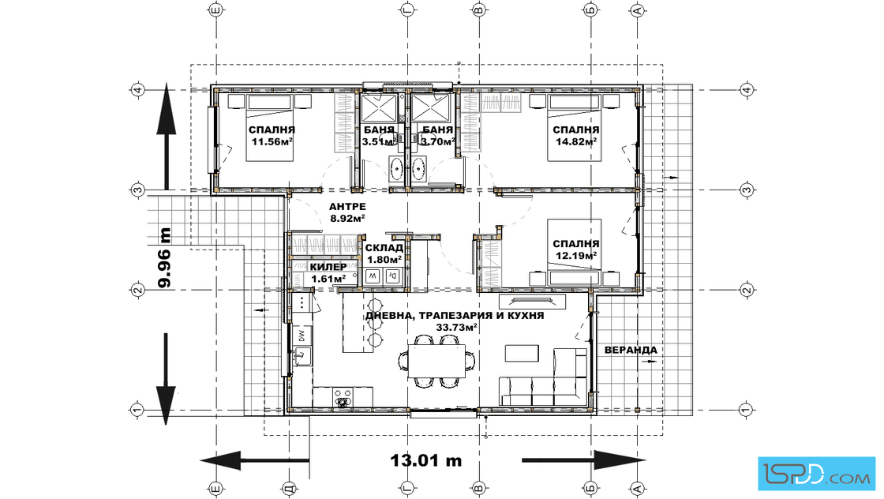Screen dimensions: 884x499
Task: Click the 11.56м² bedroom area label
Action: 272,141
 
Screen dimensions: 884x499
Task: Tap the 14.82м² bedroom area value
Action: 576,141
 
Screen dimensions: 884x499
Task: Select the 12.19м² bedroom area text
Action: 576,255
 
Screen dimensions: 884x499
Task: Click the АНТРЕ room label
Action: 347,207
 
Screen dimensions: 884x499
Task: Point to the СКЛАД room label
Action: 384,248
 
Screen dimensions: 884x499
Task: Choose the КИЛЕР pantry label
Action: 328,267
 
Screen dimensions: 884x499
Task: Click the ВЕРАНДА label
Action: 631,350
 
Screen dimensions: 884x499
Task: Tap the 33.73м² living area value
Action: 457,327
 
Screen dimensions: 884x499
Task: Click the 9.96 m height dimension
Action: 165,257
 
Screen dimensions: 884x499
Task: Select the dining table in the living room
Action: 437,362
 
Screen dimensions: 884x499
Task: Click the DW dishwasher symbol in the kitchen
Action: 302,336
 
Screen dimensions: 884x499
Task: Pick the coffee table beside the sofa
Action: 522,354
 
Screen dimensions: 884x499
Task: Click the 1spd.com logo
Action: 817,474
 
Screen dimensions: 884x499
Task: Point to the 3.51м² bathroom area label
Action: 379,141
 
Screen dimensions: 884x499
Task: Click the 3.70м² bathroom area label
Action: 438,141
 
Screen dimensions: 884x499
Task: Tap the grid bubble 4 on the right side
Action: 747,90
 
